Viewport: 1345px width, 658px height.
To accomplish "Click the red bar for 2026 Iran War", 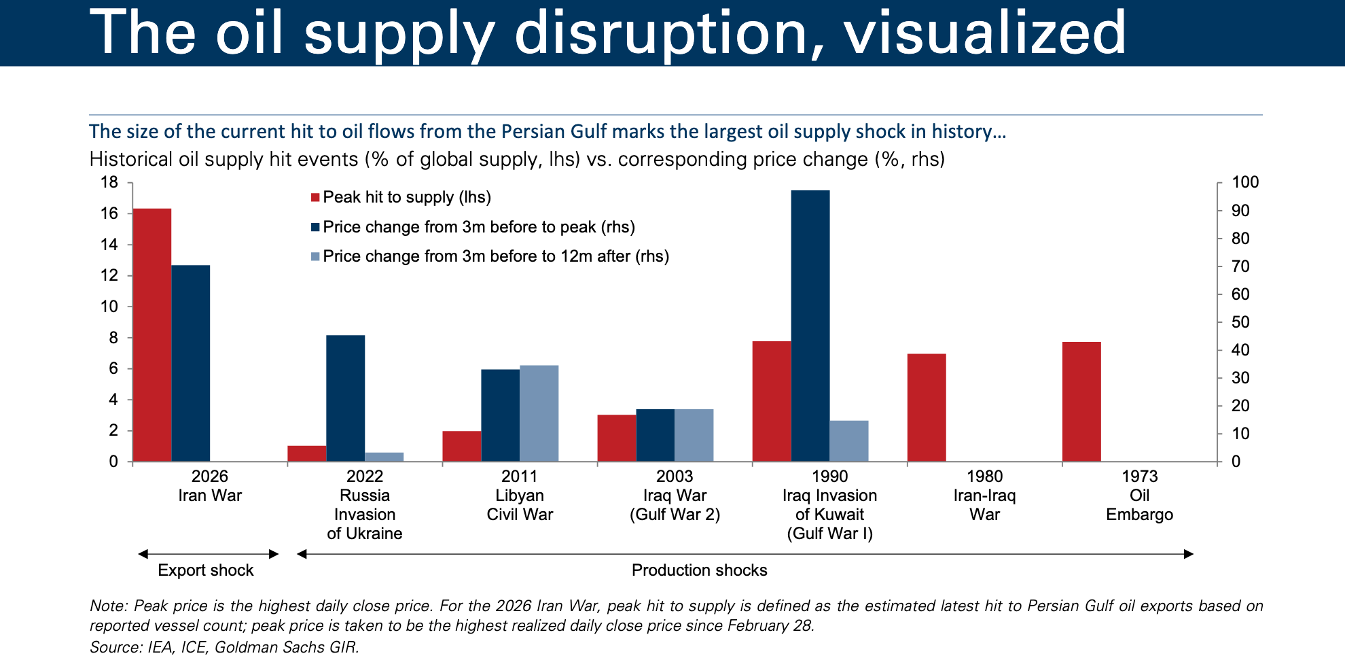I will (151, 335).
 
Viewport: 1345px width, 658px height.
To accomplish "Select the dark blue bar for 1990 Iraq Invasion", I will (810, 326).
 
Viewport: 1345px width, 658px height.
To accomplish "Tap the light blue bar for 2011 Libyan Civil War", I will (539, 413).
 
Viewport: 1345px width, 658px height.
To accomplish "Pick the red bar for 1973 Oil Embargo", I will (1081, 402).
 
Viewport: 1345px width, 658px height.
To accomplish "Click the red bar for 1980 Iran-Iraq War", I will (927, 408).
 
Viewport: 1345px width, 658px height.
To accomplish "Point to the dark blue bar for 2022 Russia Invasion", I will (345, 398).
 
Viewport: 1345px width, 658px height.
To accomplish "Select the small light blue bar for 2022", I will (384, 457).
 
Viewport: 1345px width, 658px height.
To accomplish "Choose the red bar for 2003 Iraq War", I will (617, 438).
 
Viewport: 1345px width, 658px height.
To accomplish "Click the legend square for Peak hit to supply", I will (315, 198).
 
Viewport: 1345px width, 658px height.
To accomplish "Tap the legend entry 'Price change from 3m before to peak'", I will (479, 227).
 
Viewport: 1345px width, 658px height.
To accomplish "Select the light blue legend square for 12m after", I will (315, 257).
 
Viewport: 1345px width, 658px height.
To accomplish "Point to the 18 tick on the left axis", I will (109, 182).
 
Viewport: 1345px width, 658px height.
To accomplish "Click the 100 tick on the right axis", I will (1245, 182).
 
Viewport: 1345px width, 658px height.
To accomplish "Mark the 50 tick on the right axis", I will (1240, 322).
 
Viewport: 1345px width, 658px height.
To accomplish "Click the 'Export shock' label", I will (205, 570).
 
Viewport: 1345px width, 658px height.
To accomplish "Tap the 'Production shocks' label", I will (699, 570).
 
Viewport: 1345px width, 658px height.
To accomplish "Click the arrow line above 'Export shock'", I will (209, 554).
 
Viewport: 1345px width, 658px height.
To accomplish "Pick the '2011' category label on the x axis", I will (520, 477).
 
